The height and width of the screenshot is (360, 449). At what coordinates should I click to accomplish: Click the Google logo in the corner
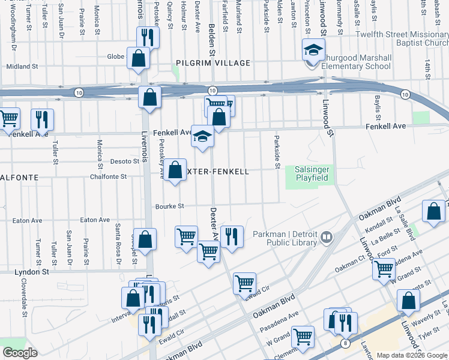(x=20, y=353)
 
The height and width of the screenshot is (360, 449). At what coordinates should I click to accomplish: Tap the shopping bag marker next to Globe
(x=138, y=59)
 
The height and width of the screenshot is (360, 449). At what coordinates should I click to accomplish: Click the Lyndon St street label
(x=32, y=272)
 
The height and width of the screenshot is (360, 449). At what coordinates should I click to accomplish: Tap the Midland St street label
(x=22, y=67)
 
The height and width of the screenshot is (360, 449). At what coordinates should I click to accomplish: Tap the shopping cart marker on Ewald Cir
(x=244, y=283)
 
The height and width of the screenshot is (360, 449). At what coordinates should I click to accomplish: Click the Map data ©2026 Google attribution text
(x=411, y=355)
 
